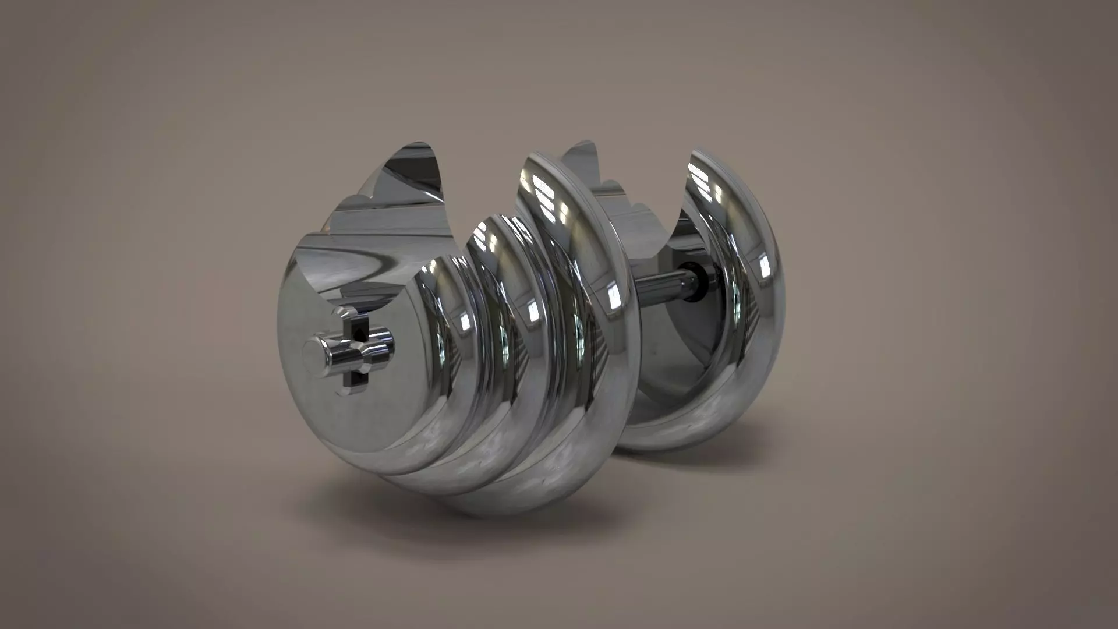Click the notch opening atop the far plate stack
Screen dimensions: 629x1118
point(635,192)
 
